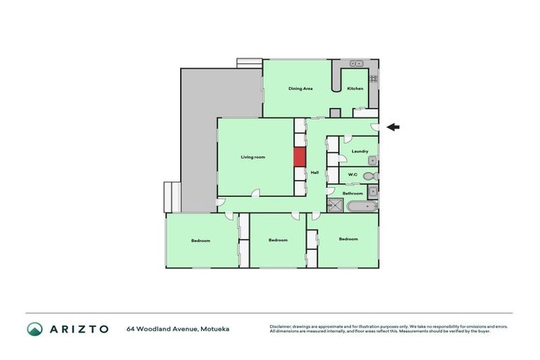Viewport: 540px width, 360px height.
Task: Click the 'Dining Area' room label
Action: (300, 89)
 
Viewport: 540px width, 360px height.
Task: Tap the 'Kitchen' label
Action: (355, 89)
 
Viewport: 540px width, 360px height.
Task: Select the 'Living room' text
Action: (253, 157)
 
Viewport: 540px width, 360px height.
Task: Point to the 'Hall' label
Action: (315, 172)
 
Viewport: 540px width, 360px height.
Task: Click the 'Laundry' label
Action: (360, 151)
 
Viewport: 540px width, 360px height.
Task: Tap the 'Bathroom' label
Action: (352, 193)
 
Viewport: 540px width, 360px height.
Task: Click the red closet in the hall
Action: (300, 157)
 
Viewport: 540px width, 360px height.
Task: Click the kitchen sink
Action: (356, 63)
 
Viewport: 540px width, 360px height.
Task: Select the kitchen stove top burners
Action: (374, 78)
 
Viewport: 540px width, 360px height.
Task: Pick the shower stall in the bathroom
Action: (335, 205)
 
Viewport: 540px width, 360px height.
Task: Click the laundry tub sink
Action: (373, 160)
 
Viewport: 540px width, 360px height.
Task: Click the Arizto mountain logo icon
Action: (34, 328)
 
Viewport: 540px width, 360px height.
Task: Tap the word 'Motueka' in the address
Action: (215, 328)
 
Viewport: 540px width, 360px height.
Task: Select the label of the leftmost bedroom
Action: (200, 240)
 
